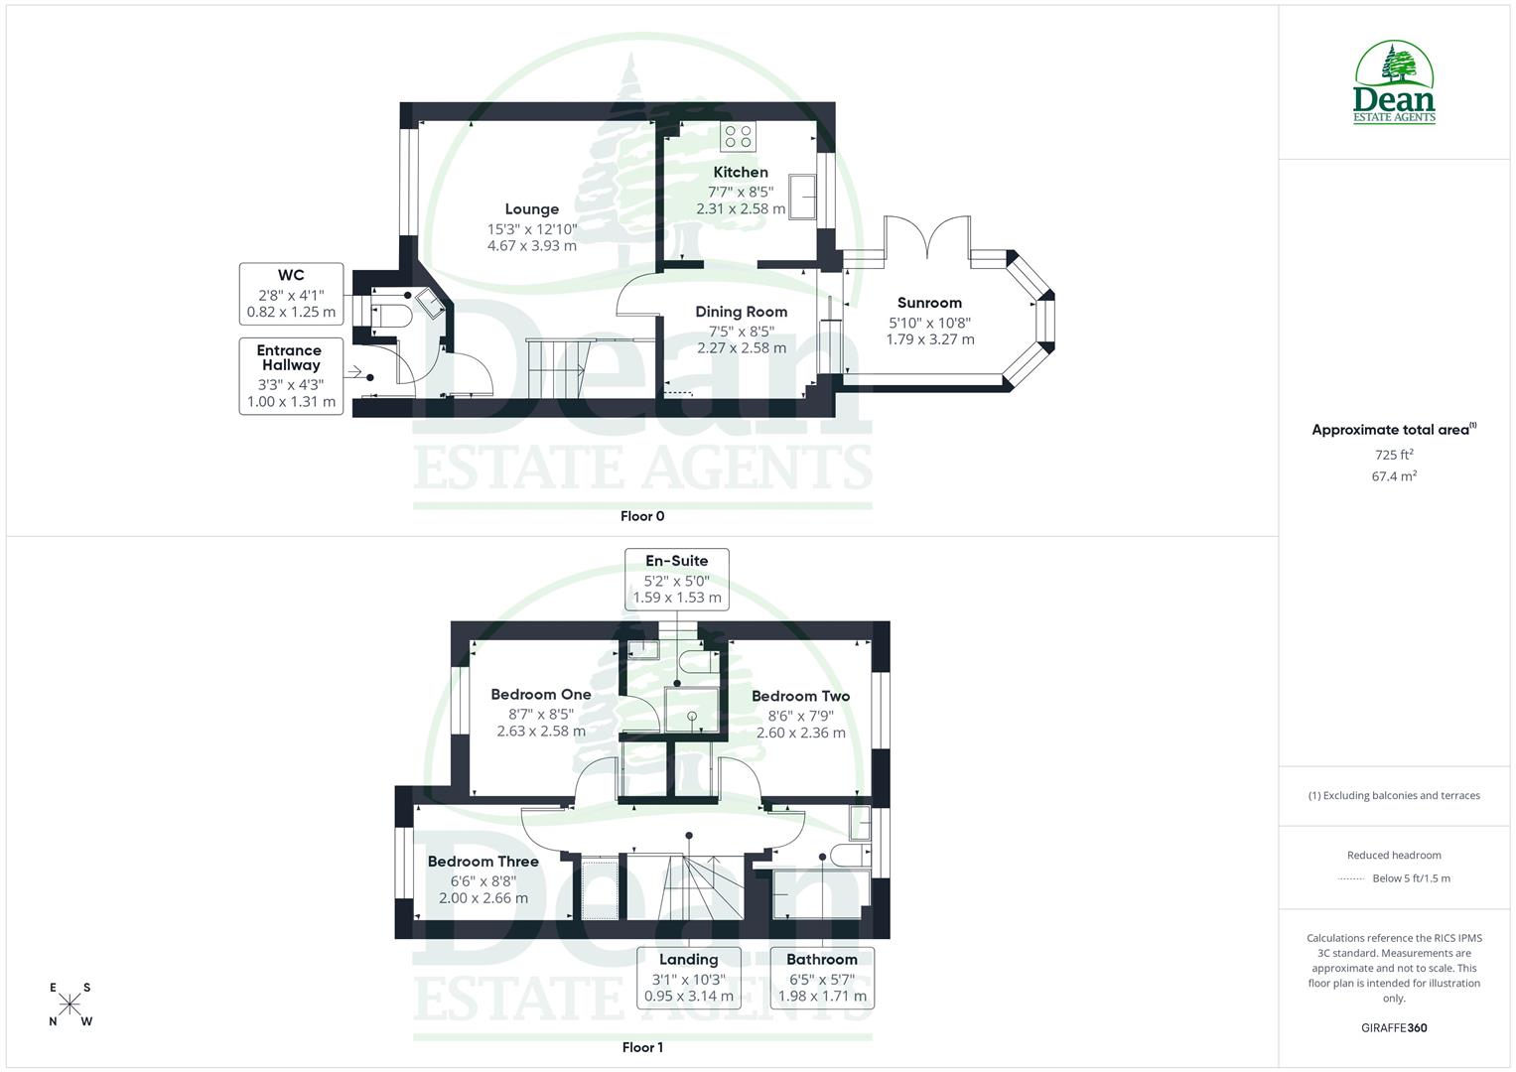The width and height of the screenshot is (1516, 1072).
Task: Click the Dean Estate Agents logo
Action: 1394,83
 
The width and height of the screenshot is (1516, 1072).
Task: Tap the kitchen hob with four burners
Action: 739,137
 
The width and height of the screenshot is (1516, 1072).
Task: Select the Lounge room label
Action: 532,209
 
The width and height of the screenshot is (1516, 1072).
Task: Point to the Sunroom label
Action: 929,304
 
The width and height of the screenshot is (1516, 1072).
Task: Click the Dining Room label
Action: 741,312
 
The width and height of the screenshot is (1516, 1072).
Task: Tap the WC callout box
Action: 291,293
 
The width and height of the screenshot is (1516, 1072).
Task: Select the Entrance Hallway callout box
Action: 291,375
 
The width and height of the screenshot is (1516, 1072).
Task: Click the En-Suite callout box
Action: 676,579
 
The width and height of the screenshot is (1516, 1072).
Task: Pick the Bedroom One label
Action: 541,695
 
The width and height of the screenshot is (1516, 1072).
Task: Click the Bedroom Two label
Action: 800,697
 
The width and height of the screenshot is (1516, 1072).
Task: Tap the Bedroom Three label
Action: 482,862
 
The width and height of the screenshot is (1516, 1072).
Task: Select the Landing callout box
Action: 689,978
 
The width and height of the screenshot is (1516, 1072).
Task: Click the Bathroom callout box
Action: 822,978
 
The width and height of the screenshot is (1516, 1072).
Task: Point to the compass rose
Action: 69,1005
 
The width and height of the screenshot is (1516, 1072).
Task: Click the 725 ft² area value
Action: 1394,455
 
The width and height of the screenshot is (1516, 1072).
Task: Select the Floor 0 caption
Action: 642,516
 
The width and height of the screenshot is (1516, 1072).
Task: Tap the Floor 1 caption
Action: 642,1047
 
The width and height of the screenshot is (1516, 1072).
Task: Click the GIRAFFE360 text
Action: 1394,1027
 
